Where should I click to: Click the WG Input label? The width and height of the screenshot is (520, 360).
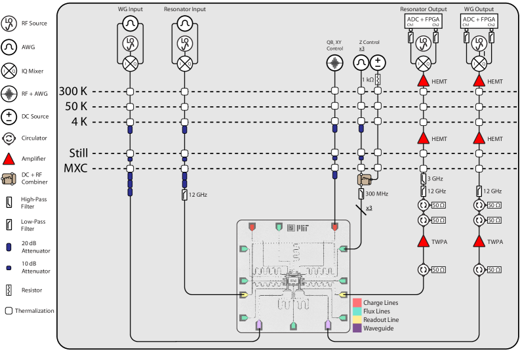coord(130,10)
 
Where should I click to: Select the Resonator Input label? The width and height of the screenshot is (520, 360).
coord(185,10)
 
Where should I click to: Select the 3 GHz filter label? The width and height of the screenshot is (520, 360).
coord(435,178)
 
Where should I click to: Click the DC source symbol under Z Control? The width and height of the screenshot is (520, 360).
coord(378,63)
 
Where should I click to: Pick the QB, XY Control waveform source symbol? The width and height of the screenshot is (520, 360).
coord(335,63)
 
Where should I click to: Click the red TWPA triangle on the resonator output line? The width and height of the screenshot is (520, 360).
coord(424,241)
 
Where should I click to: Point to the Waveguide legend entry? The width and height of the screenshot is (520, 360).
coord(378,328)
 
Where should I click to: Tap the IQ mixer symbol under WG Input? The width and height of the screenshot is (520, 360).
coord(130,63)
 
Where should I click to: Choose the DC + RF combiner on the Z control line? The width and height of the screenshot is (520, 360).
coord(363,179)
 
